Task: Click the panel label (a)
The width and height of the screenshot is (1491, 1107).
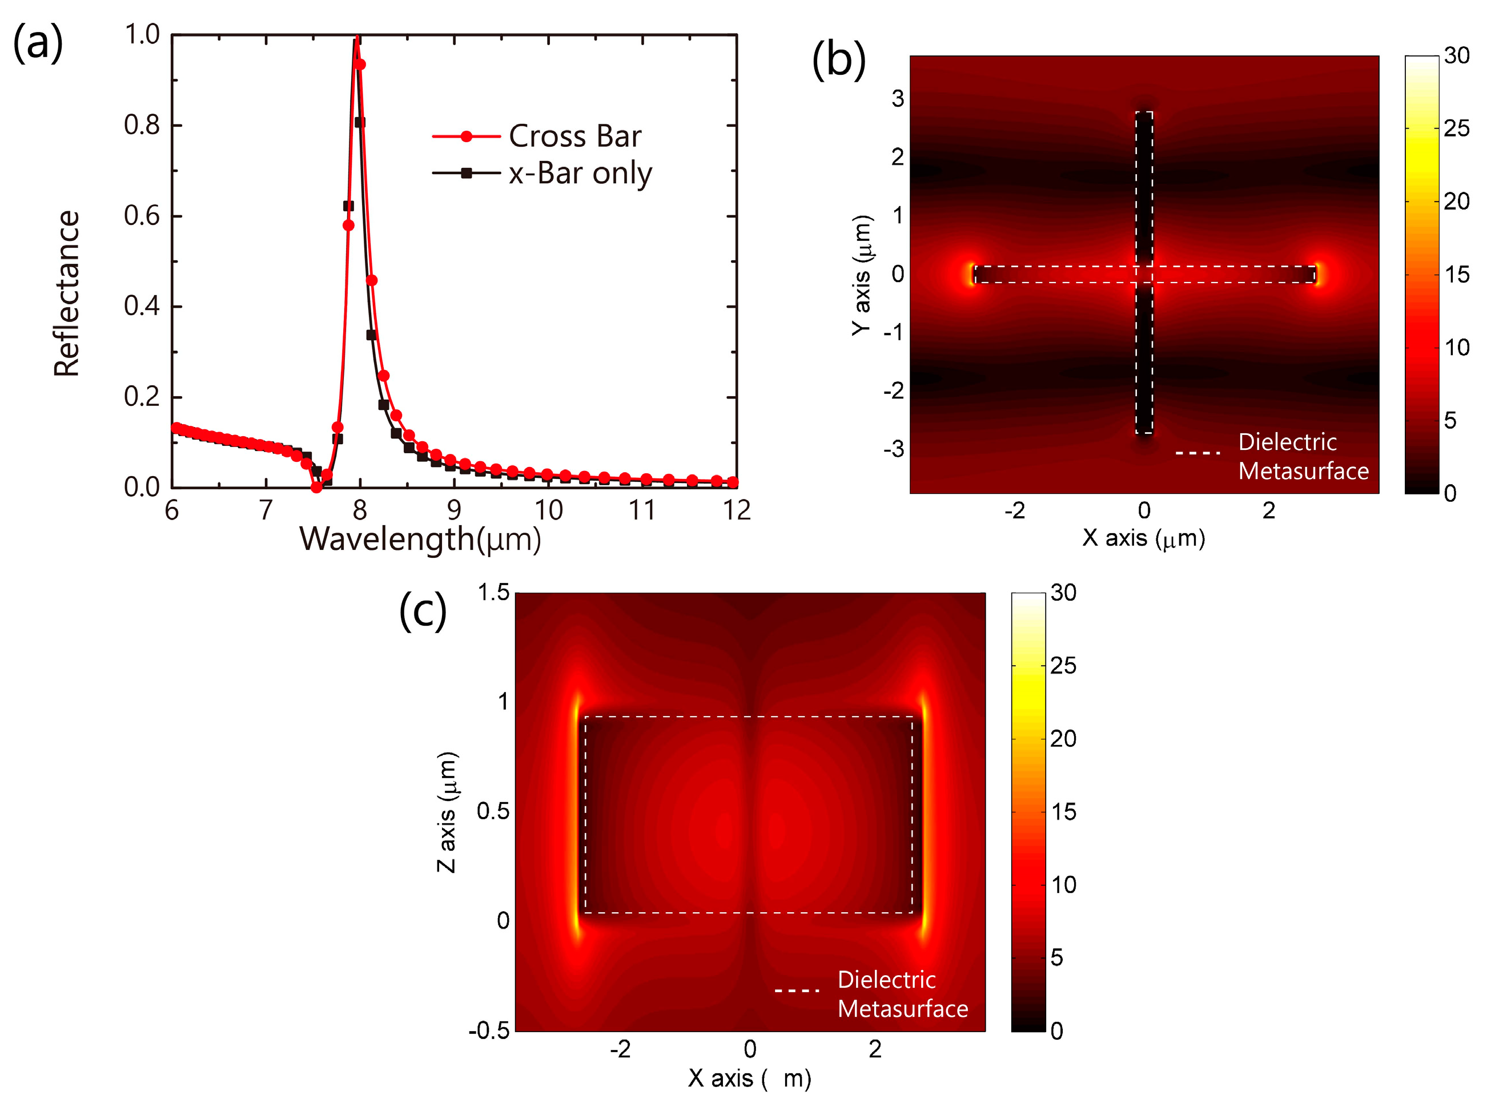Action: (x=38, y=43)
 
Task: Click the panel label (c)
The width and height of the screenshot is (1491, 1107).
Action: (x=422, y=610)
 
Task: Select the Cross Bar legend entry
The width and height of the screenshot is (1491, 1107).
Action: (x=574, y=136)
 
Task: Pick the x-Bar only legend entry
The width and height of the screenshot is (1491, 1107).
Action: (x=580, y=174)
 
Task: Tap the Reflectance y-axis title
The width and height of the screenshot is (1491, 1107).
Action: (x=66, y=293)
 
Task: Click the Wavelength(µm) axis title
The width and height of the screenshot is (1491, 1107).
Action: (x=420, y=539)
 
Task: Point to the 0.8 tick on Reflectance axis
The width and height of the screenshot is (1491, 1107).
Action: (x=142, y=125)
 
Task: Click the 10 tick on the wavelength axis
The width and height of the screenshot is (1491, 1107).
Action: (x=548, y=510)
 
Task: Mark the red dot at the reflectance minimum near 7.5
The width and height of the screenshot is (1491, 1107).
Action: (x=316, y=487)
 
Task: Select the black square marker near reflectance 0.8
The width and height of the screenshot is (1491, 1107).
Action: (x=360, y=122)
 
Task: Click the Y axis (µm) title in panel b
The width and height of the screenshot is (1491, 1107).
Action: (x=862, y=275)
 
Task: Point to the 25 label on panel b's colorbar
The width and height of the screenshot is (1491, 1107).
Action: (x=1456, y=128)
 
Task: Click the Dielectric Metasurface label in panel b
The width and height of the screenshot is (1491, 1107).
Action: (x=1302, y=456)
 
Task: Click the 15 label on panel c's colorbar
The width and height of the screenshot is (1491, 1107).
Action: (x=1063, y=811)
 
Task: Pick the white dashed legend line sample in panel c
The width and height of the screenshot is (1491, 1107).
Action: (x=797, y=990)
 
